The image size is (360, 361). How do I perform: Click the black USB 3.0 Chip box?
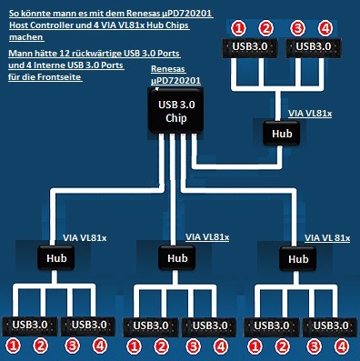[175, 111]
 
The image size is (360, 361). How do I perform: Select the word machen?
[26, 37]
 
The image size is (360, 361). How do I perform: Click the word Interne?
[50, 65]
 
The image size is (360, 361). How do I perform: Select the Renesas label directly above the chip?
[168, 69]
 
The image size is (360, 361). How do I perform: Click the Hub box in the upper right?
[282, 134]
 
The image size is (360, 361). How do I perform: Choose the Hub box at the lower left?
[56, 258]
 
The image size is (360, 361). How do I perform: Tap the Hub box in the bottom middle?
[177, 258]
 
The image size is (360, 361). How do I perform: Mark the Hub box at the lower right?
[298, 258]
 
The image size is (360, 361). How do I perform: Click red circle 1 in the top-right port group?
[239, 28]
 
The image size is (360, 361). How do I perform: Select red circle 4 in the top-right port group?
[325, 28]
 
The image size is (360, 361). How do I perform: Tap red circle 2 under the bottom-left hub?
[41, 346]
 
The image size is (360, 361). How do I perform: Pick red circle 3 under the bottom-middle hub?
[193, 346]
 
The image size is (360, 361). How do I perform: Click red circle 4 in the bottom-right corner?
[342, 346]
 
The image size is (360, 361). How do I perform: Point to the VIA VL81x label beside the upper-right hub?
[310, 114]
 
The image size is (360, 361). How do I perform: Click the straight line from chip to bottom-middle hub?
[173, 189]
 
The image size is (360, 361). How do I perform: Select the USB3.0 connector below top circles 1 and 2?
[250, 47]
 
